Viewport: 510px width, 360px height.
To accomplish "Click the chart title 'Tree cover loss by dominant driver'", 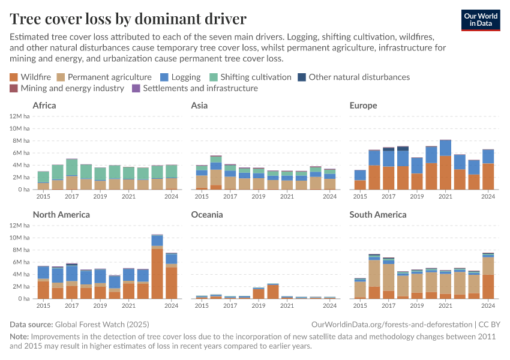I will [128, 17].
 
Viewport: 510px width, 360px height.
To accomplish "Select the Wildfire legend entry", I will [32, 77].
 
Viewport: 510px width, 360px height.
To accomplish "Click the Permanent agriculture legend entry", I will [104, 77].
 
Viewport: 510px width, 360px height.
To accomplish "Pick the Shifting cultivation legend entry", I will [250, 77].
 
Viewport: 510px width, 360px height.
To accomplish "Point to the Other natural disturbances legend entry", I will [353, 77].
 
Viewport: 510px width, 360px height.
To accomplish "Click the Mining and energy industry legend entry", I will [67, 88].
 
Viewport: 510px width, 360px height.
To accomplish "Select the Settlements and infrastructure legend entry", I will [195, 88].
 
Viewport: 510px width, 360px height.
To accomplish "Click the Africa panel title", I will [44, 106].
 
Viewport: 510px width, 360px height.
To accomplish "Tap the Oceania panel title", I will [206, 214].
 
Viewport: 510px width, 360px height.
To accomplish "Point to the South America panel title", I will [378, 214].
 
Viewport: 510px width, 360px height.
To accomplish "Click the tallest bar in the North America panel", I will [157, 266].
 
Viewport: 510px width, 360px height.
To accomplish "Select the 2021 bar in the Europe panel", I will [445, 164].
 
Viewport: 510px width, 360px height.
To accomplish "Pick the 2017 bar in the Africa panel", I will [72, 174].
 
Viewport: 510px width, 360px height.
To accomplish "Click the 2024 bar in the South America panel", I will [488, 275].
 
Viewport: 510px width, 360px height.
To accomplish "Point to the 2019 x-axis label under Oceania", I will [258, 305].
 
